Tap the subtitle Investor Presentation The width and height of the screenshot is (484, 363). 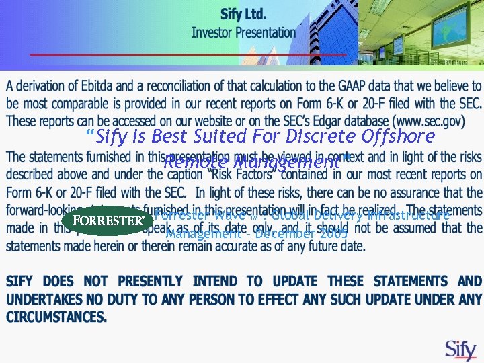pos(243,32)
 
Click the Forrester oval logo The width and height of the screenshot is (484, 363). pos(108,220)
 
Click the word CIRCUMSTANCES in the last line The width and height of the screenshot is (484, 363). pos(56,317)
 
